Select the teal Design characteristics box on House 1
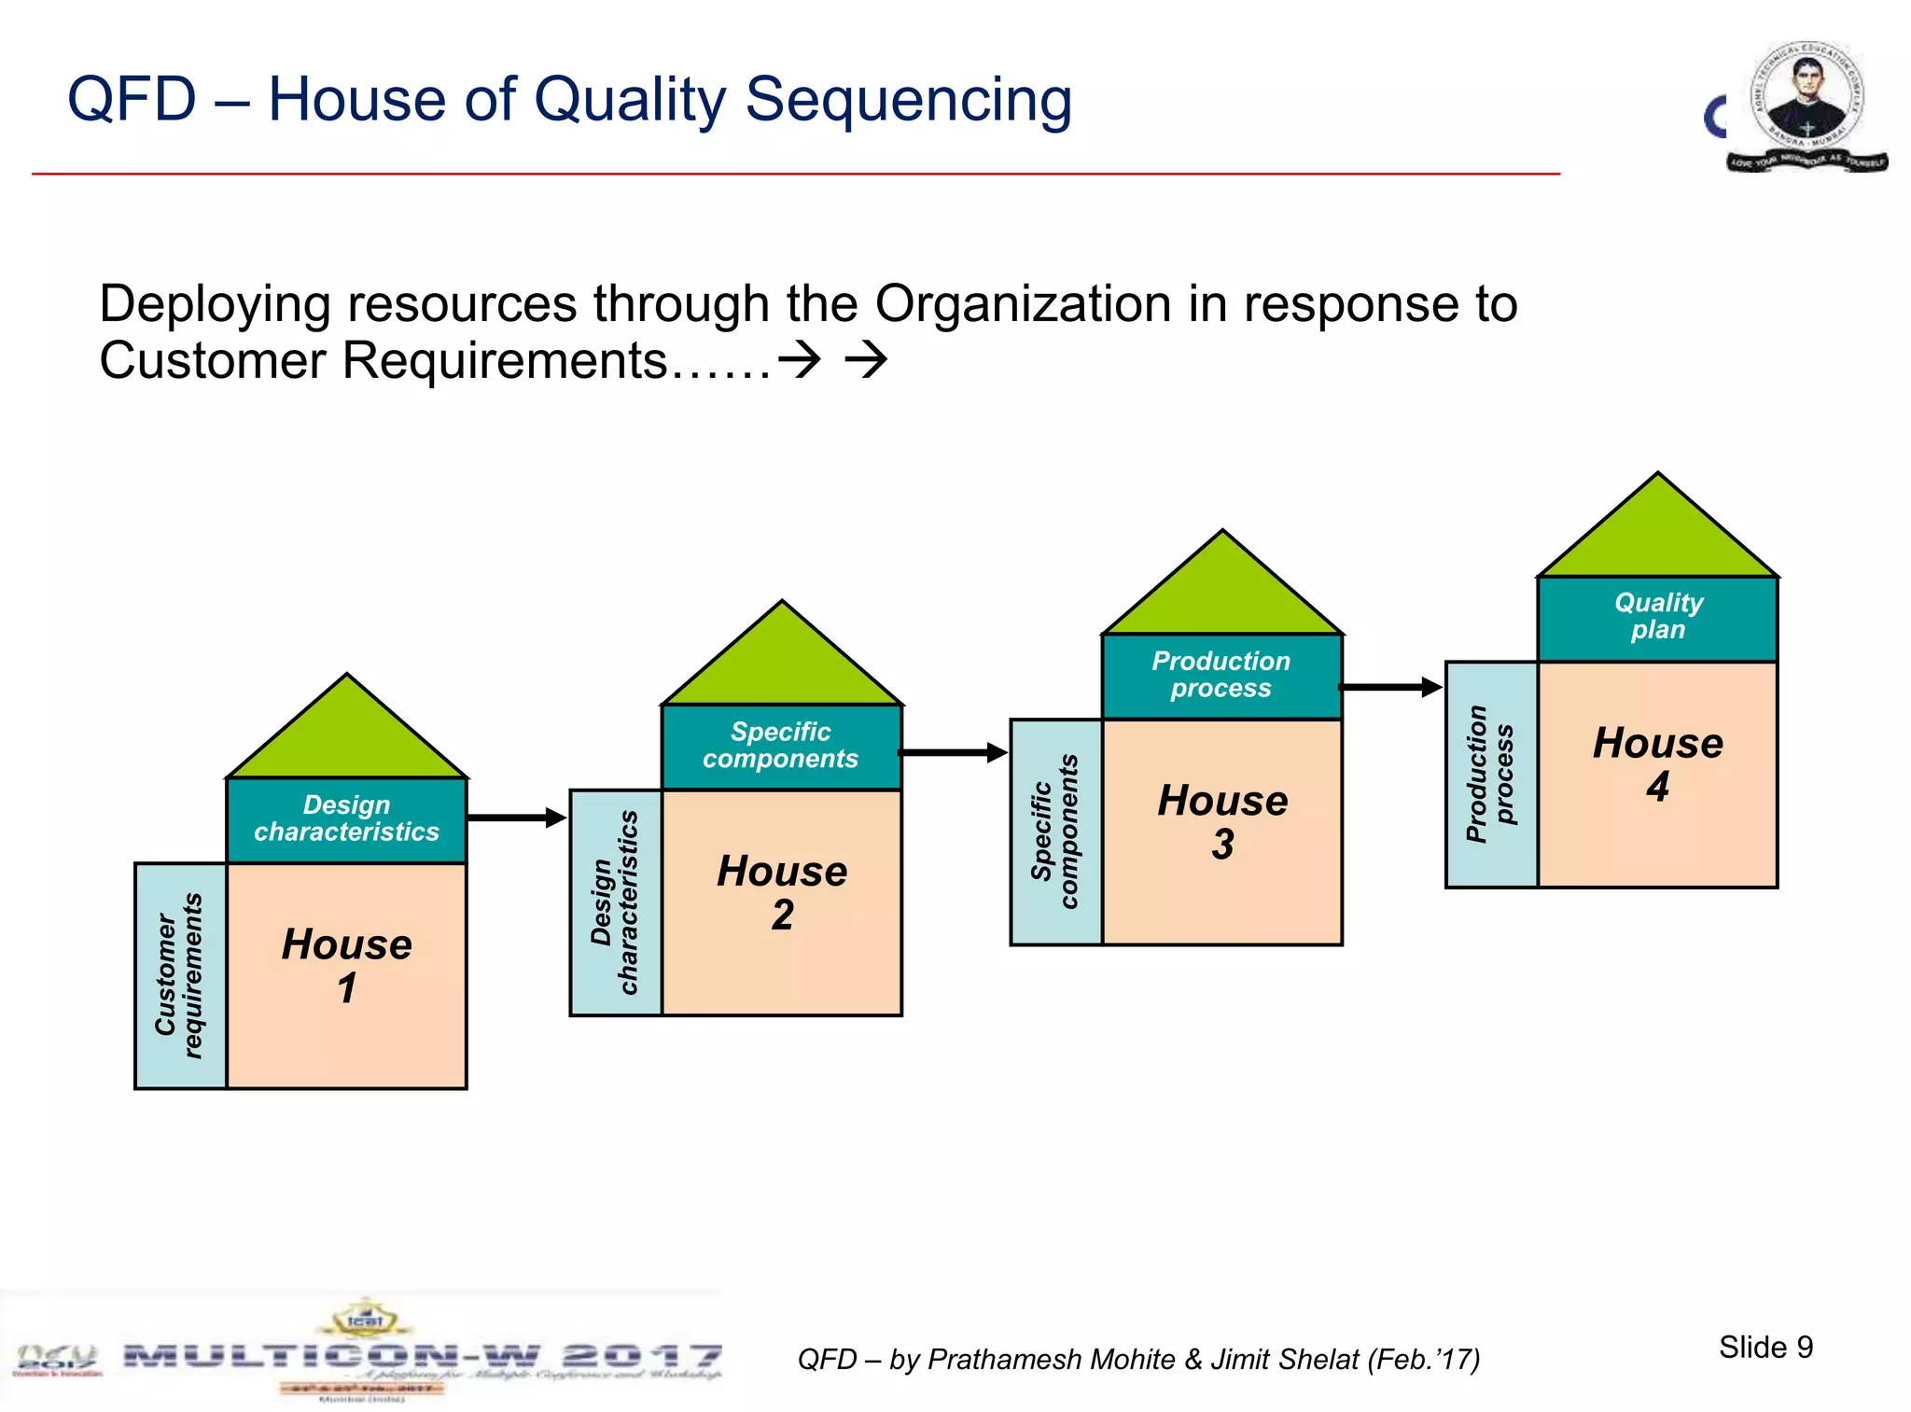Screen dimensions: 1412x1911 pyautogui.click(x=346, y=818)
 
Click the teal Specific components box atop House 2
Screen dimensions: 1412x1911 pyautogui.click(x=781, y=746)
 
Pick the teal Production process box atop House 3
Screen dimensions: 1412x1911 pyautogui.click(x=1221, y=675)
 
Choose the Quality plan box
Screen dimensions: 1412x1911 pyautogui.click(x=1657, y=617)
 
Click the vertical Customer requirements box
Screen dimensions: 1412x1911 pyautogui.click(x=180, y=975)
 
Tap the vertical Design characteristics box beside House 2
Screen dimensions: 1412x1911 pyautogui.click(x=615, y=902)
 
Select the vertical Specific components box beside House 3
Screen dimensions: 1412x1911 pyautogui.click(x=1055, y=832)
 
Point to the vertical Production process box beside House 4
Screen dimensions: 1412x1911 pyautogui.click(x=1490, y=774)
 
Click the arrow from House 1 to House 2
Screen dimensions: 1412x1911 pyautogui.click(x=516, y=818)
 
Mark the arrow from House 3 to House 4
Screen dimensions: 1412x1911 pyautogui.click(x=1391, y=687)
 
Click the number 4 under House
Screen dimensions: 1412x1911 pyautogui.click(x=1657, y=787)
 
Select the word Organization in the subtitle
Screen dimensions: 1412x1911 pyautogui.click(x=1023, y=304)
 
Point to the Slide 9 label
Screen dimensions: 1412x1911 pyautogui.click(x=1765, y=1347)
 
